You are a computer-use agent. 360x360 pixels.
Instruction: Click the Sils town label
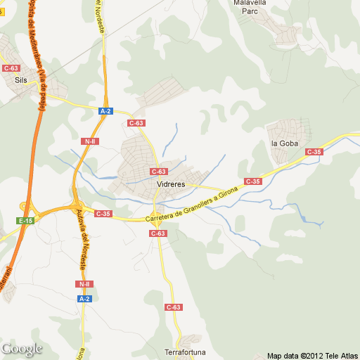[x=21, y=80]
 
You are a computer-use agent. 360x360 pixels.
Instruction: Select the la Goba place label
[x=285, y=143]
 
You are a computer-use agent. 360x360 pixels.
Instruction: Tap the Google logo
[x=22, y=348]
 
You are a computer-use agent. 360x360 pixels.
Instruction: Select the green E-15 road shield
[x=25, y=221]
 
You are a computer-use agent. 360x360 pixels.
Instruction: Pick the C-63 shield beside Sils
[x=11, y=68]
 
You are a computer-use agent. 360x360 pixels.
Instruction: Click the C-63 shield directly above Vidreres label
[x=159, y=172]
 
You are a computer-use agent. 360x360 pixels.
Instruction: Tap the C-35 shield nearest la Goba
[x=314, y=152]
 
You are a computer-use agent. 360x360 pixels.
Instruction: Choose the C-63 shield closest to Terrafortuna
[x=174, y=307]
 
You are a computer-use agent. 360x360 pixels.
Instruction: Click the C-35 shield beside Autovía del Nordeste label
[x=103, y=213]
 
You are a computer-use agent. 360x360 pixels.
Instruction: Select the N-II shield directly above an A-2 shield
[x=84, y=284]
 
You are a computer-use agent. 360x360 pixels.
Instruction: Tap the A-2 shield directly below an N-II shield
[x=84, y=299]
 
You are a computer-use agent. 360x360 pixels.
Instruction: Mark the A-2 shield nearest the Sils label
[x=105, y=111]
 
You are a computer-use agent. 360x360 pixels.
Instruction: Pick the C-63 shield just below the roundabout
[x=158, y=233]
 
